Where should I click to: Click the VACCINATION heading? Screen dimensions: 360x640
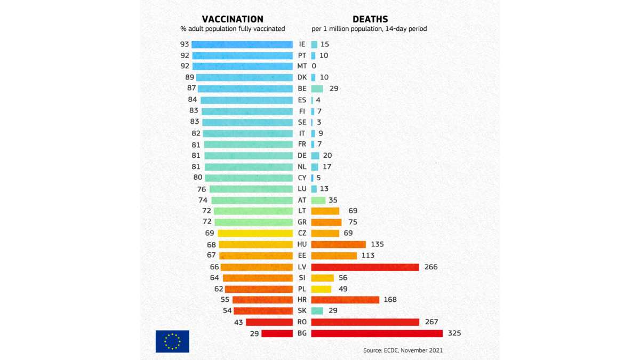click(232, 19)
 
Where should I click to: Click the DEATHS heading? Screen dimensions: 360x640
click(370, 19)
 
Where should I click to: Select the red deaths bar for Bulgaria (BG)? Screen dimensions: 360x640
click(377, 333)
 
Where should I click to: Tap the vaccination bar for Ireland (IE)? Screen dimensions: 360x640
click(242, 44)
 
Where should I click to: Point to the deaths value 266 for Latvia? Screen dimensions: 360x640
click(430, 267)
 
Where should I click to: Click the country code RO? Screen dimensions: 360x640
click(302, 322)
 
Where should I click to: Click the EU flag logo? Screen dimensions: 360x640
click(172, 341)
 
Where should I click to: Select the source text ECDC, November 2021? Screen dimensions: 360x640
click(403, 350)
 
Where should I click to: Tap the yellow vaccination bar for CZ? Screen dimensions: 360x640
click(255, 233)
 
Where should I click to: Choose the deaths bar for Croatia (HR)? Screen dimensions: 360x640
click(345, 300)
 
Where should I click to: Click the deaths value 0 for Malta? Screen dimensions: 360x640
click(314, 66)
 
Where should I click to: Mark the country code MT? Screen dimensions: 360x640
click(302, 66)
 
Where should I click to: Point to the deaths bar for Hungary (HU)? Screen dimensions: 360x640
click(338, 244)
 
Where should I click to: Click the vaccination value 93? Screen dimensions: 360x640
click(185, 44)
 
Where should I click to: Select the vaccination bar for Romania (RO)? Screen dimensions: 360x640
click(269, 322)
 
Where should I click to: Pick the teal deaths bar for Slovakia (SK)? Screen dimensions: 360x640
click(317, 311)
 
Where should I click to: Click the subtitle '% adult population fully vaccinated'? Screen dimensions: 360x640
click(233, 29)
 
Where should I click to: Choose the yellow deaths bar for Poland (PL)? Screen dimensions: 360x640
click(321, 289)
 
